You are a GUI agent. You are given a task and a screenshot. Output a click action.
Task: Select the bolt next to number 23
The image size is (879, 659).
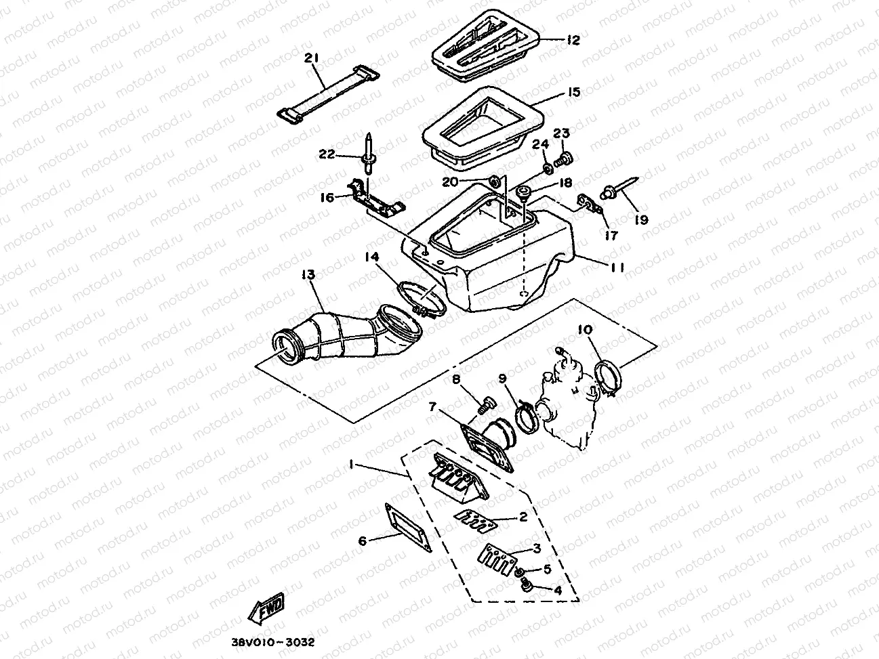coord(562,161)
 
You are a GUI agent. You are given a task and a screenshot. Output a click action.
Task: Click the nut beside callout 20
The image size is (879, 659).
coord(494,182)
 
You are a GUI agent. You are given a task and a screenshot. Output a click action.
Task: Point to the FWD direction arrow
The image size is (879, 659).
coord(268,609)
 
